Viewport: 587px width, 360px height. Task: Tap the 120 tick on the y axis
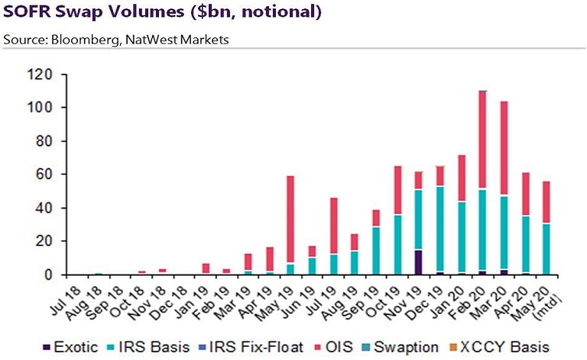point(39,75)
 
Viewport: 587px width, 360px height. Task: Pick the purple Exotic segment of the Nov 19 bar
point(417,261)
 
